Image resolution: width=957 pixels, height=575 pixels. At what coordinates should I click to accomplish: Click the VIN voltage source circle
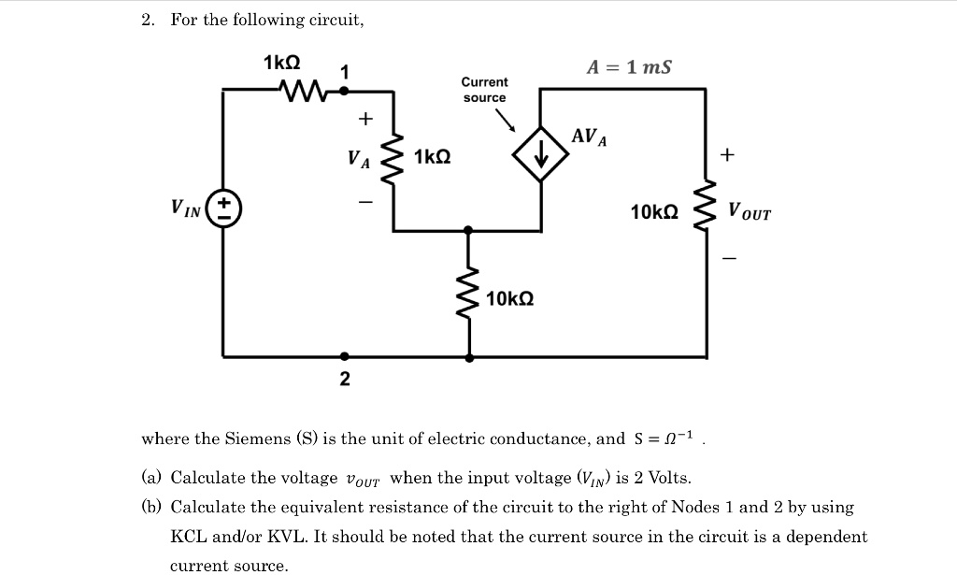(223, 208)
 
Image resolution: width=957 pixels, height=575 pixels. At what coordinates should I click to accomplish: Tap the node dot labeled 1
(344, 91)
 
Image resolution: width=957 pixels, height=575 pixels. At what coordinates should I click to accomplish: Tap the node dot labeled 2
(345, 356)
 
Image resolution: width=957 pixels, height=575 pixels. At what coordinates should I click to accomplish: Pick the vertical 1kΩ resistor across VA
(393, 158)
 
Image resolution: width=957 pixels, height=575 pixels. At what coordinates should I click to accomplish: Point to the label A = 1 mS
(628, 67)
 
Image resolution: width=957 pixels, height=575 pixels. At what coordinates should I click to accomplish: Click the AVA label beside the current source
(589, 137)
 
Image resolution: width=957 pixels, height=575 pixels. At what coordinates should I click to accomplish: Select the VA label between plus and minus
(359, 159)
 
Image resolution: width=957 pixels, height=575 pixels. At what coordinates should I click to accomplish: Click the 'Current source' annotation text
(484, 90)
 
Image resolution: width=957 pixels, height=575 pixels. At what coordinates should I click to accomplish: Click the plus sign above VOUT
(728, 152)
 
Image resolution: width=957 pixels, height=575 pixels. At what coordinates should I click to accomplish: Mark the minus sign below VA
(365, 201)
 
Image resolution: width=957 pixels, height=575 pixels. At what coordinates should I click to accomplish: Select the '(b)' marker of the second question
(151, 508)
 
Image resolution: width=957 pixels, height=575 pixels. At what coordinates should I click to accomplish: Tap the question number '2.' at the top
(148, 20)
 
